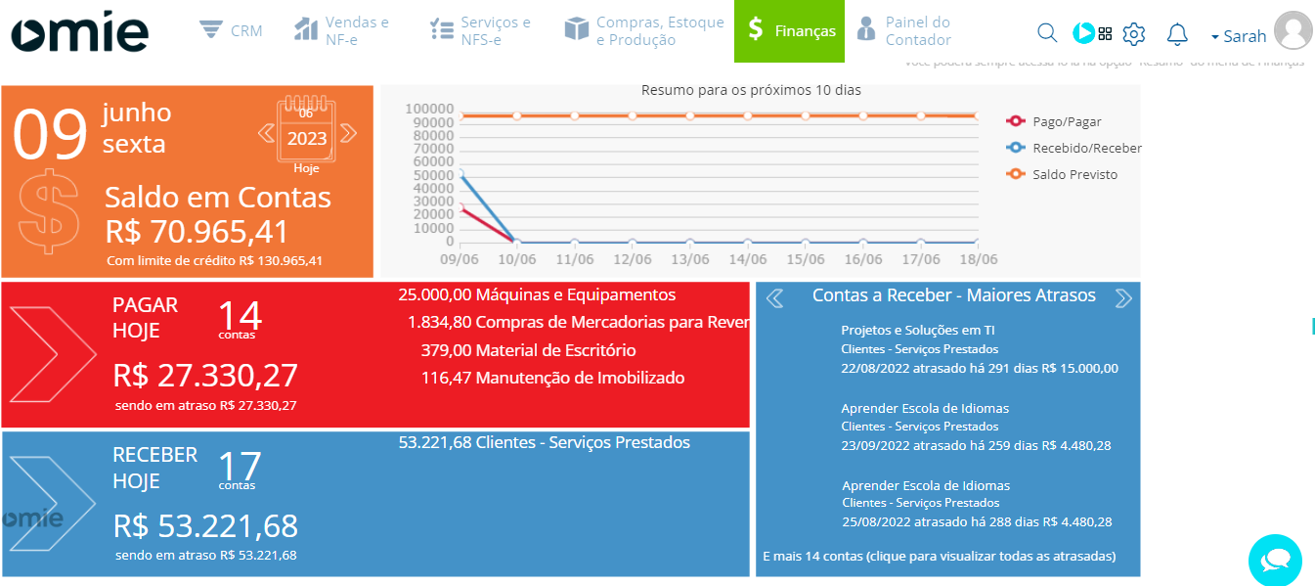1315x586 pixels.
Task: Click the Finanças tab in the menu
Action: [x=790, y=31]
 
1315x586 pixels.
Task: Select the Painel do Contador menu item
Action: [x=903, y=31]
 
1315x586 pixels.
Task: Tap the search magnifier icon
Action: [x=1046, y=33]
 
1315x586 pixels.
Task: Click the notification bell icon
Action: [x=1177, y=34]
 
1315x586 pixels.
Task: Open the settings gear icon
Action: [x=1133, y=34]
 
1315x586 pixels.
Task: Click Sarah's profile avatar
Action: [x=1293, y=30]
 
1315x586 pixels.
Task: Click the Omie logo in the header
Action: [x=80, y=31]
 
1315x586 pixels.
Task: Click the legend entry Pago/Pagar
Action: [x=1066, y=122]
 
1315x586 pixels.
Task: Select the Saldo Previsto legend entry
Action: [x=1074, y=175]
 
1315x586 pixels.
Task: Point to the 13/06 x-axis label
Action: [x=689, y=259]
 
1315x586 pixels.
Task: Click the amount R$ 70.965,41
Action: [x=197, y=232]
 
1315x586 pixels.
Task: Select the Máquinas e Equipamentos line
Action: [x=537, y=294]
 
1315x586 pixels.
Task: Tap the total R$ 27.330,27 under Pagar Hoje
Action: [x=205, y=376]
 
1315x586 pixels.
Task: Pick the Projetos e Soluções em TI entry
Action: [x=917, y=330]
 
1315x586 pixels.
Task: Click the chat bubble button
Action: [x=1275, y=561]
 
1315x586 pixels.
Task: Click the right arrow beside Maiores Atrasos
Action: [x=1123, y=297]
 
